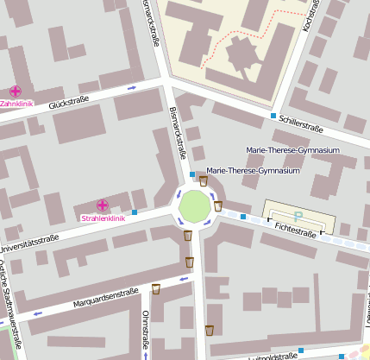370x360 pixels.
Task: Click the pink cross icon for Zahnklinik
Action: (15, 92)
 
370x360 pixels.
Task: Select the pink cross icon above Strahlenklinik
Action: (103, 205)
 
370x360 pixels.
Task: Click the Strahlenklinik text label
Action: (103, 218)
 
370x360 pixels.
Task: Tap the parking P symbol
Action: (298, 217)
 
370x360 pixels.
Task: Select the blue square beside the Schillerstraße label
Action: (273, 116)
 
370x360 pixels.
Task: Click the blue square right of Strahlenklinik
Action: (135, 212)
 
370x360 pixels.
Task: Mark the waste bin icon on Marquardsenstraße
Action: (156, 288)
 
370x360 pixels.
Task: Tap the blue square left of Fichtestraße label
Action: (243, 217)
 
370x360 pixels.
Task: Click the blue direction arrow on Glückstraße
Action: (131, 88)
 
